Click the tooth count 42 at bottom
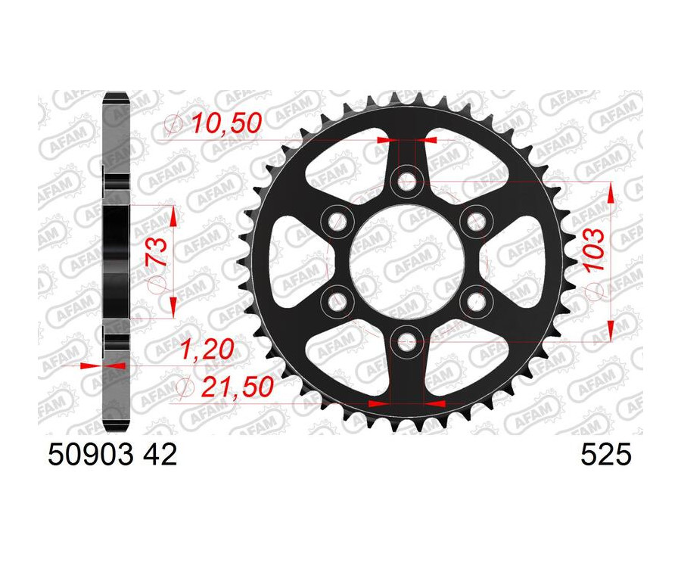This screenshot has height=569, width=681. [160, 455]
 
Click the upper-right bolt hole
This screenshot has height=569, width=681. [475, 220]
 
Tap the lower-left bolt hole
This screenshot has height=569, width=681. [337, 300]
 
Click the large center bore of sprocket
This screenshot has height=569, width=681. [406, 260]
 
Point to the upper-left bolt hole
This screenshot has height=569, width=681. [337, 220]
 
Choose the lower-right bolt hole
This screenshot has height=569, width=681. [475, 300]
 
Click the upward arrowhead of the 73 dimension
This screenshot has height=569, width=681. [174, 216]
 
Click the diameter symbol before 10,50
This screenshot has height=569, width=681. [175, 123]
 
